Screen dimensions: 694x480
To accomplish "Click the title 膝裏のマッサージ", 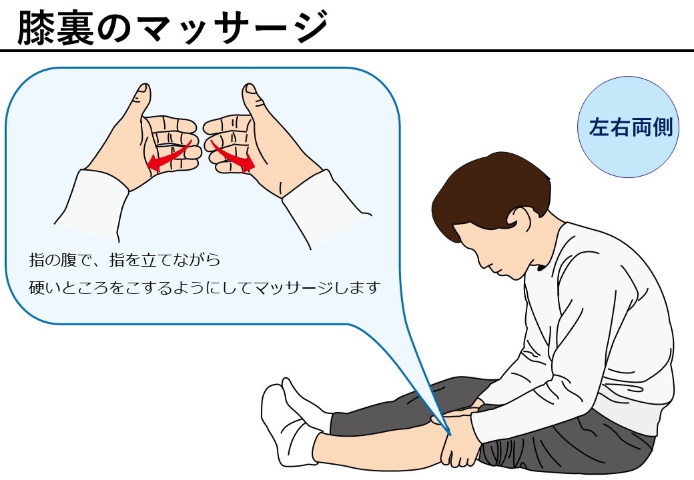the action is pyautogui.click(x=173, y=27).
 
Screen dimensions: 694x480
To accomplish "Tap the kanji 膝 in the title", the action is pyautogui.click(x=36, y=27).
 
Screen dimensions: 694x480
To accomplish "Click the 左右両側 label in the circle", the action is pyautogui.click(x=630, y=127).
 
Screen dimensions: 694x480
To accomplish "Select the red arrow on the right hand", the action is pyautogui.click(x=232, y=156).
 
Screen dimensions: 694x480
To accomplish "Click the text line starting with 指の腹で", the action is pyautogui.click(x=124, y=260).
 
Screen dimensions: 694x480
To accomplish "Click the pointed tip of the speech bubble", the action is pyautogui.click(x=450, y=435).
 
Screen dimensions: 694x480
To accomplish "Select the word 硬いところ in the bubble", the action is pyautogui.click(x=69, y=288).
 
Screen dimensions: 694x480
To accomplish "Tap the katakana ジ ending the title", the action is pyautogui.click(x=310, y=27).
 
